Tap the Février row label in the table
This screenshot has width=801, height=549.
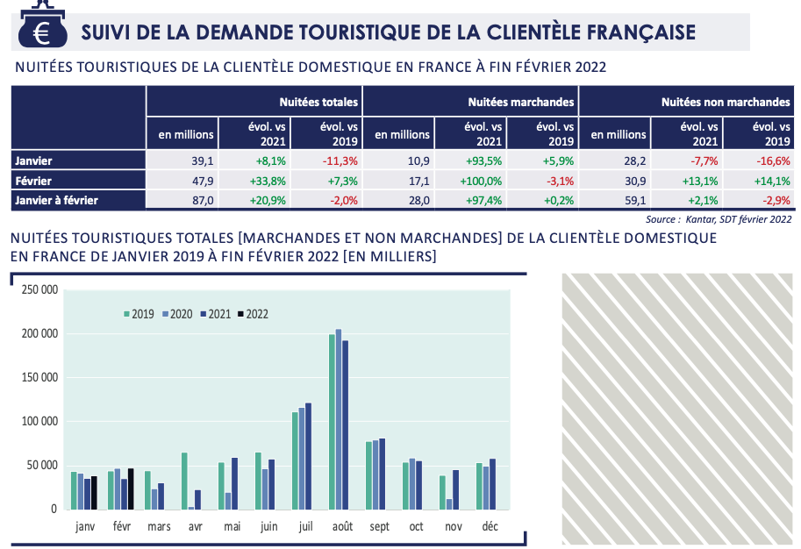[34, 181]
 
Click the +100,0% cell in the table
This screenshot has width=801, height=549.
[480, 181]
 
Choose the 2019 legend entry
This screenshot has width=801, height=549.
[138, 313]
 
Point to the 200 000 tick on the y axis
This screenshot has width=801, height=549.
[39, 333]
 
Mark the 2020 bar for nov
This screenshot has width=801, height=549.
[449, 503]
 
